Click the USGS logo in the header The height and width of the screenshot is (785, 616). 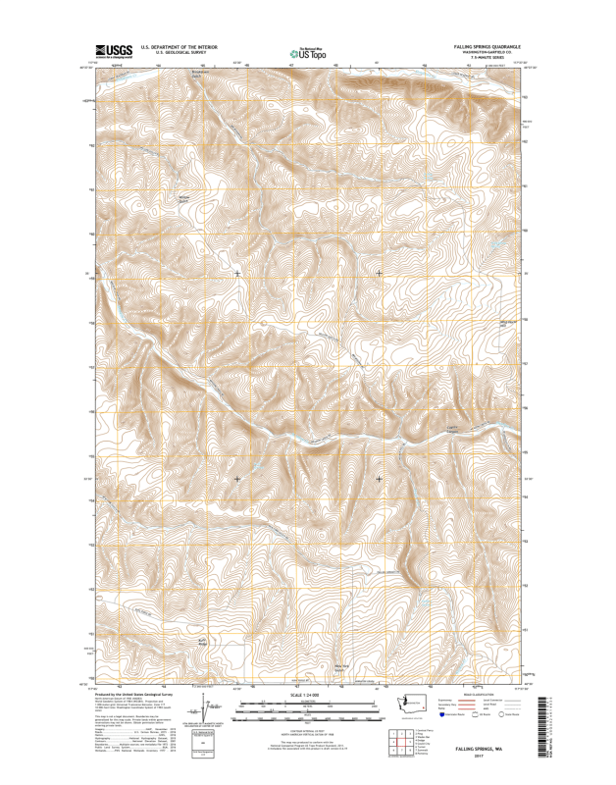[111, 49]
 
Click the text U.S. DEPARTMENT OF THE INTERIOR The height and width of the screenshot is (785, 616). [179, 46]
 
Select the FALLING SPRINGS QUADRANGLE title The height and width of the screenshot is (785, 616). [488, 46]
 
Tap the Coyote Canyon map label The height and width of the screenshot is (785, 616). [425, 428]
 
